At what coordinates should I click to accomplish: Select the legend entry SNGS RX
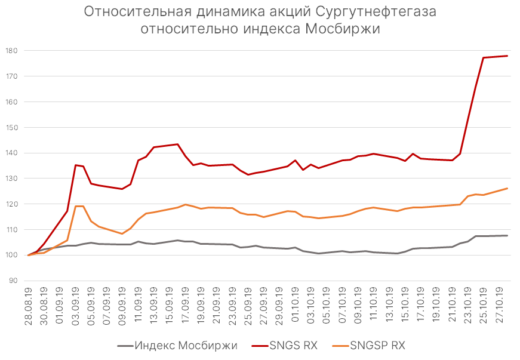click(293, 345)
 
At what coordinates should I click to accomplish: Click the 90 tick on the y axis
click(14, 281)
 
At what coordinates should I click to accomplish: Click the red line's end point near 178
click(507, 56)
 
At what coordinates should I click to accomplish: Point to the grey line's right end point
click(507, 235)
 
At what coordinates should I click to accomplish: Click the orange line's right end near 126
click(507, 189)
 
